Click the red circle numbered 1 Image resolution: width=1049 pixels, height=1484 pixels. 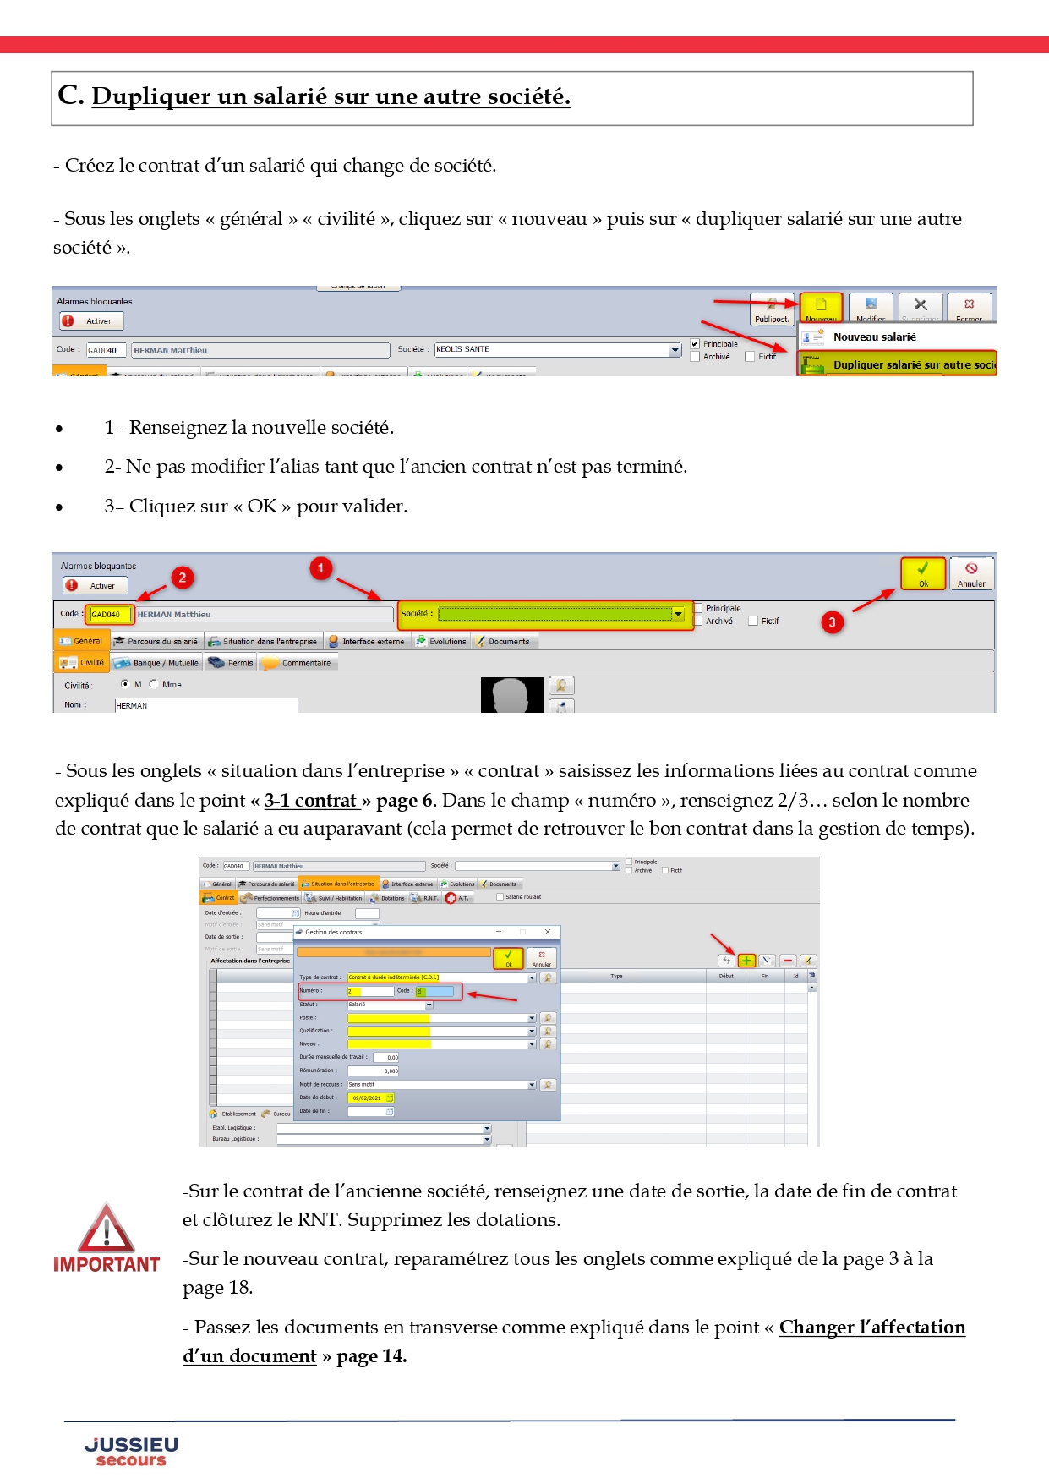(320, 568)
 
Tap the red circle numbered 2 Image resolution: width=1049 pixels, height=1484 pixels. (183, 578)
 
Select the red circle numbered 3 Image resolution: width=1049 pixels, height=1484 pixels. (832, 622)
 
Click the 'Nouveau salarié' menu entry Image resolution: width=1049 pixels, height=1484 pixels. (874, 337)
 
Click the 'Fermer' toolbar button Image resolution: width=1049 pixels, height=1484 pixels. (969, 308)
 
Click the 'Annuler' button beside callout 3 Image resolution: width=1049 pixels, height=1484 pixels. (971, 573)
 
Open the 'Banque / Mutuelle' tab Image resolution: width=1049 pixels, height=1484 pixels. (157, 663)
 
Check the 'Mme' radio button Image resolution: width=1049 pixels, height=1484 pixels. (154, 684)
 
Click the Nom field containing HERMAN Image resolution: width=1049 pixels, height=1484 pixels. (205, 705)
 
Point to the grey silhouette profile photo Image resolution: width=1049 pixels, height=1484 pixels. (511, 695)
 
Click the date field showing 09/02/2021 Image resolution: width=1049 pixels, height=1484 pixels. (370, 1098)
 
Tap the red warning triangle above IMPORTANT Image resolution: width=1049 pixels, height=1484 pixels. (107, 1229)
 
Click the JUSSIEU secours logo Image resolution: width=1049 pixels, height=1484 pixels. (131, 1451)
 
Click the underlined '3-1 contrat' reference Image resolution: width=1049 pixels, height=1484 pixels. (311, 800)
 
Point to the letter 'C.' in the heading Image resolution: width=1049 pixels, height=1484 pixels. (70, 96)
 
